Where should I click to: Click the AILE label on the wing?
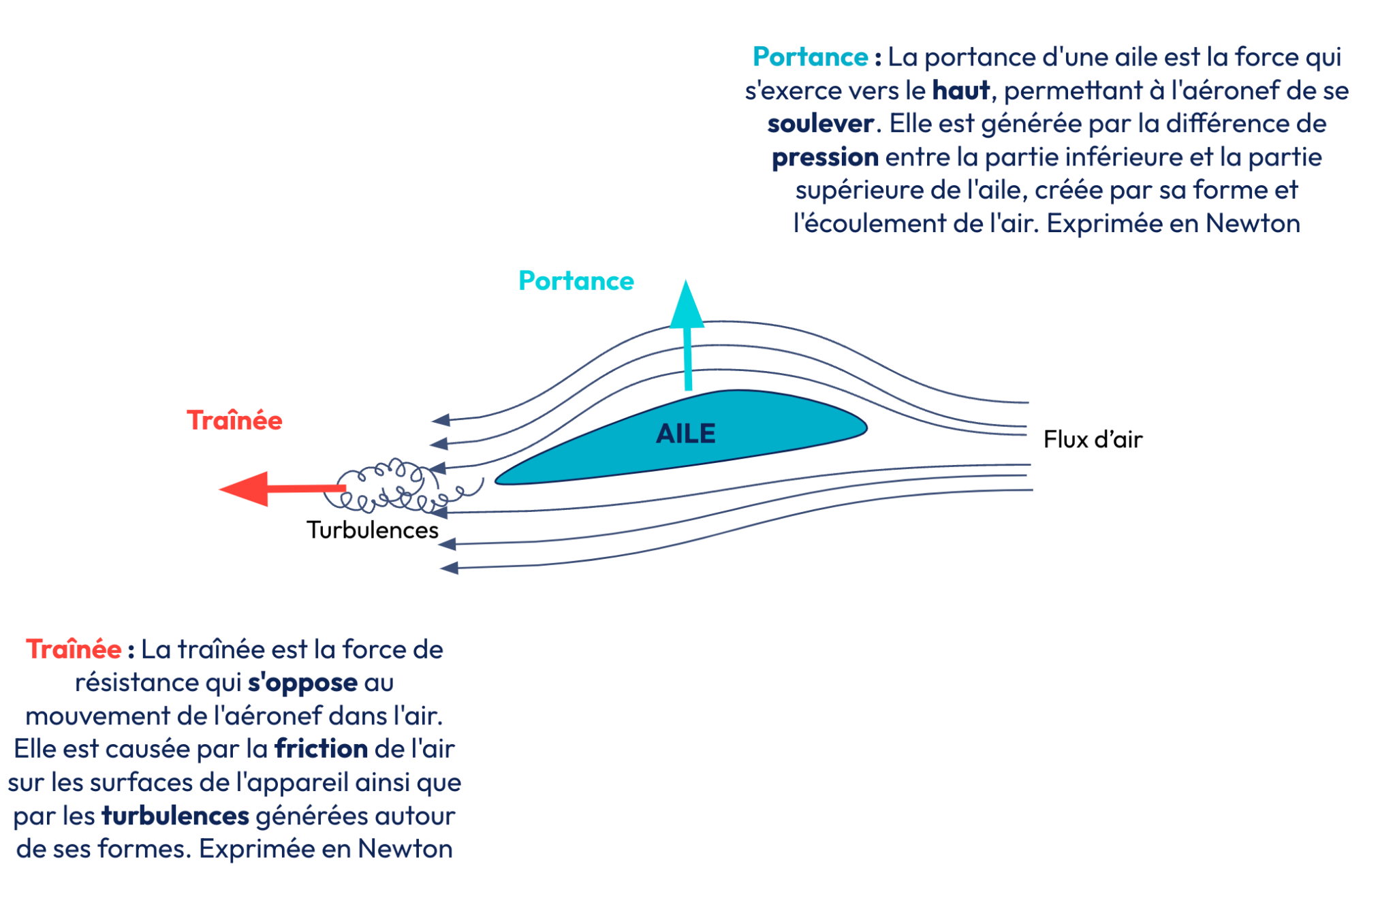(685, 434)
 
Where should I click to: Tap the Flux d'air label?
(1092, 439)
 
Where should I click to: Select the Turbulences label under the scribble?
(372, 530)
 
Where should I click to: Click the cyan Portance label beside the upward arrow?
(576, 280)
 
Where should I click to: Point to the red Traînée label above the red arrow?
(234, 420)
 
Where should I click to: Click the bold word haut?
(960, 90)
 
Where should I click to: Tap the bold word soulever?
(820, 123)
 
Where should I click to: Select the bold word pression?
(825, 157)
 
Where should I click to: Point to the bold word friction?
(321, 748)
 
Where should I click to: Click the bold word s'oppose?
(302, 682)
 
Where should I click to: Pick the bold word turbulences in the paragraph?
(175, 815)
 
